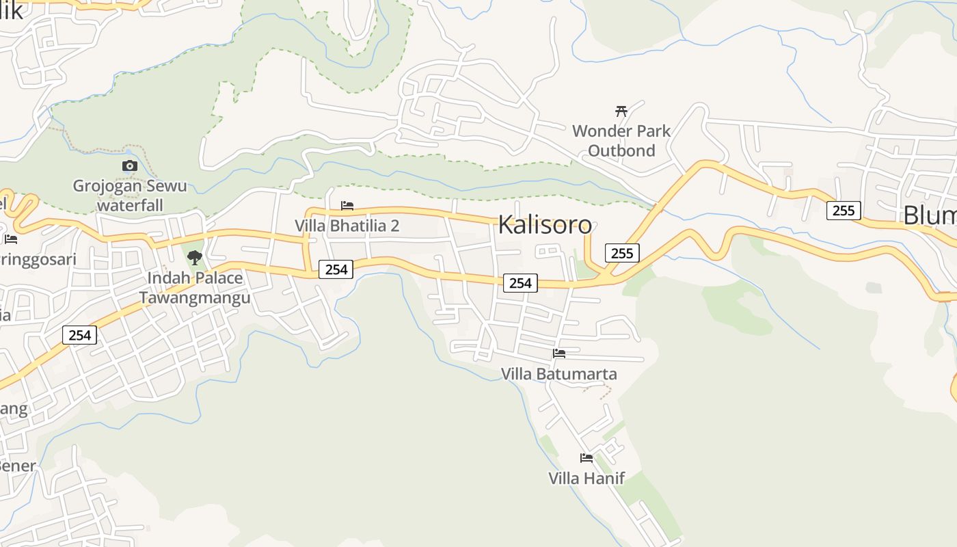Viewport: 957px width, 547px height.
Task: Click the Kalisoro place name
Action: click(545, 224)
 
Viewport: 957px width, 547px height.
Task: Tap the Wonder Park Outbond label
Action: click(621, 140)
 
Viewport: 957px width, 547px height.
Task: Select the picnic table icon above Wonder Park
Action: click(621, 111)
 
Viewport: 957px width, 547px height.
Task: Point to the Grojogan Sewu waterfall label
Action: click(130, 195)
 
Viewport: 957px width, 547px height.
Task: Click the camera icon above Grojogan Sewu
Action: click(129, 165)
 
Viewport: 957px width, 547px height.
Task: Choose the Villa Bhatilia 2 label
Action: click(347, 226)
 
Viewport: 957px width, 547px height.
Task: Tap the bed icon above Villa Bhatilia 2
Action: click(347, 205)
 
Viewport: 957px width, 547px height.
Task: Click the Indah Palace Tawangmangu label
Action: click(195, 288)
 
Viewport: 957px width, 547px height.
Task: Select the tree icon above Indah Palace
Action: click(195, 257)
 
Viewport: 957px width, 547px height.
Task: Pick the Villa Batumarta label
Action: click(558, 374)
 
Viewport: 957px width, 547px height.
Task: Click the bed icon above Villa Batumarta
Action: click(559, 353)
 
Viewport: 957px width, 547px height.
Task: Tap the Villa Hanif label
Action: click(587, 478)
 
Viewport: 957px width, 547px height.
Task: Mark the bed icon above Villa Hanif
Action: click(587, 457)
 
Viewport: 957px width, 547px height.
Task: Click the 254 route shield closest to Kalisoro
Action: click(520, 282)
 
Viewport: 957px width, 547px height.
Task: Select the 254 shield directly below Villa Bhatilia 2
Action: click(336, 269)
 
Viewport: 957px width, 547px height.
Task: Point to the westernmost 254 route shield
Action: click(80, 335)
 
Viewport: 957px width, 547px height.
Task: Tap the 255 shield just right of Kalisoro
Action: click(621, 253)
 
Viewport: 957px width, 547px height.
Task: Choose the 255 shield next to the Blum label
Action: click(844, 211)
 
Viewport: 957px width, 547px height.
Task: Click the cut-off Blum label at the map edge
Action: click(930, 215)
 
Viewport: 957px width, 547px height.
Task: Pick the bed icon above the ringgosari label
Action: click(11, 239)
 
